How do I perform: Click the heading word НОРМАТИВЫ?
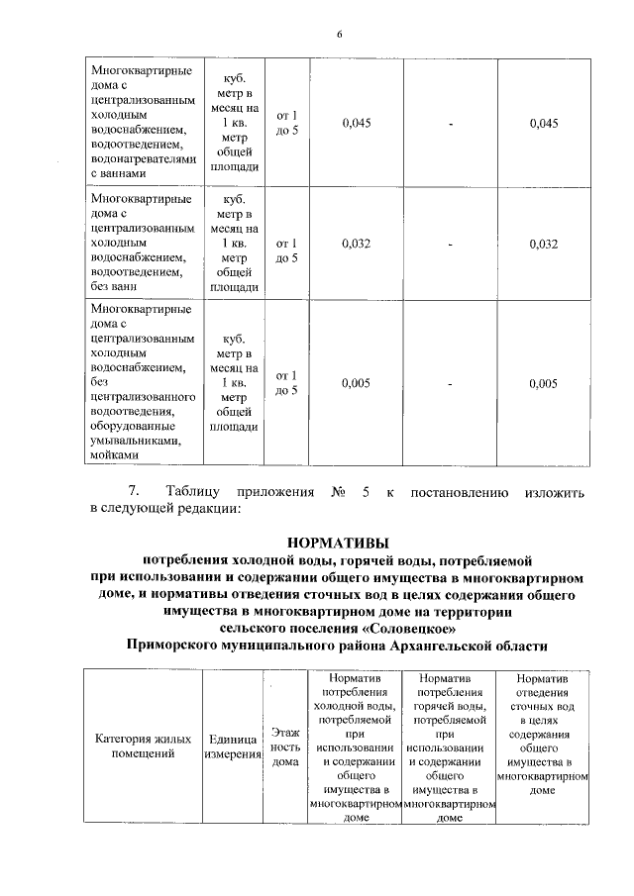click(x=338, y=542)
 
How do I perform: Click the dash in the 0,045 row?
click(x=451, y=123)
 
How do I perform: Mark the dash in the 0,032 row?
click(x=451, y=245)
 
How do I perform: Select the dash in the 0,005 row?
click(x=451, y=383)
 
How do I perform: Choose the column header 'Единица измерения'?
click(x=234, y=747)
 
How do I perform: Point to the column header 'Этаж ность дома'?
click(x=286, y=747)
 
